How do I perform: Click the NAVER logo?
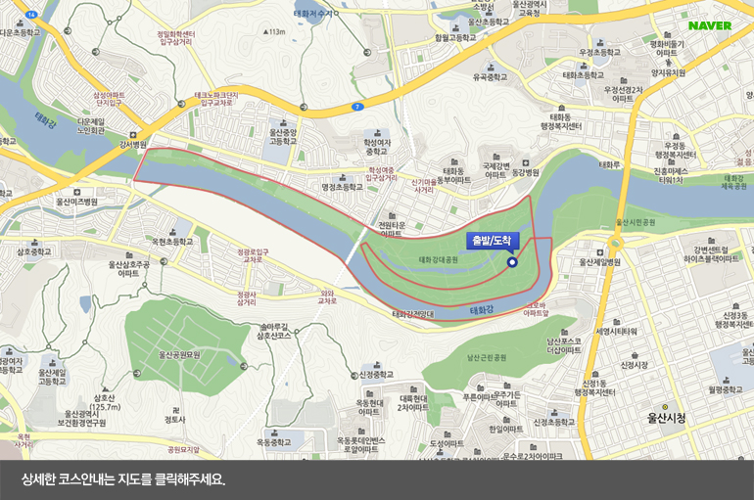(710, 25)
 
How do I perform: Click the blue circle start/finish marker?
(511, 261)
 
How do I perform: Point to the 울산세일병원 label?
(600, 261)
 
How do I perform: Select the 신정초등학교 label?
(376, 374)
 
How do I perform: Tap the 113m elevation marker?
(275, 31)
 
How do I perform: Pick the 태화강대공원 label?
(438, 260)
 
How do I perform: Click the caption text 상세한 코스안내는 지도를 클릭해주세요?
(123, 480)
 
